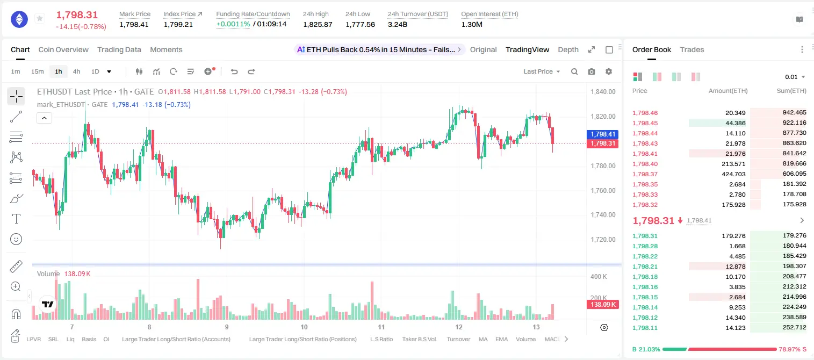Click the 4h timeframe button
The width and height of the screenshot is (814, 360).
click(x=76, y=71)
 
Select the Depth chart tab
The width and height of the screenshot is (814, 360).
click(x=568, y=50)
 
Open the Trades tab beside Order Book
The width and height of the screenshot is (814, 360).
click(x=692, y=50)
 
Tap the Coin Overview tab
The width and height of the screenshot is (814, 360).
click(x=63, y=50)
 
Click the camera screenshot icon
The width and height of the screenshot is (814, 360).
click(x=592, y=71)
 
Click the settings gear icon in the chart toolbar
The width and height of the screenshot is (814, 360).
click(x=609, y=71)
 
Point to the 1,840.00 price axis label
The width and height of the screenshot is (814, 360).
click(x=603, y=92)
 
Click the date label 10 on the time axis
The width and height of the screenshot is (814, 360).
click(x=304, y=327)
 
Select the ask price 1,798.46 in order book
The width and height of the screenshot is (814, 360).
click(x=645, y=113)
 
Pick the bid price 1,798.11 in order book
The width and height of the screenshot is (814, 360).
click(x=645, y=328)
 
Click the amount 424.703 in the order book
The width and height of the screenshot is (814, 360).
click(x=733, y=174)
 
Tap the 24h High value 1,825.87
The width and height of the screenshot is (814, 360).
click(x=318, y=24)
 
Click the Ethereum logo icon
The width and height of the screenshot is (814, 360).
click(x=19, y=19)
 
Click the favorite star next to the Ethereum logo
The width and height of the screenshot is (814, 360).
click(x=40, y=18)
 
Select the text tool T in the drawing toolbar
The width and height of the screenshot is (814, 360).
click(x=16, y=219)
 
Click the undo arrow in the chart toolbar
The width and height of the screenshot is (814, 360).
click(x=234, y=71)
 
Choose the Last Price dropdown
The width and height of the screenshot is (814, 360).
click(x=542, y=71)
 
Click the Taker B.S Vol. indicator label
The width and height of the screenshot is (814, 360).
click(x=419, y=339)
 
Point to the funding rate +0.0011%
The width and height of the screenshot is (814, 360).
click(x=233, y=24)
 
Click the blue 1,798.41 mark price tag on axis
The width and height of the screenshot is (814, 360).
click(x=602, y=134)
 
